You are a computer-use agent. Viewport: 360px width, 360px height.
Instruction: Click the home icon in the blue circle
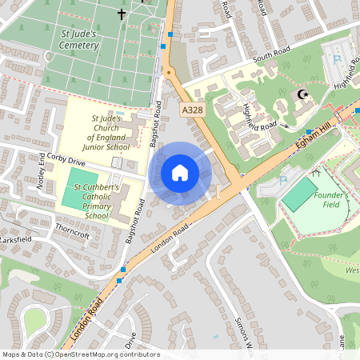180,173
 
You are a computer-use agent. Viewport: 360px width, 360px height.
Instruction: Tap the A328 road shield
192,110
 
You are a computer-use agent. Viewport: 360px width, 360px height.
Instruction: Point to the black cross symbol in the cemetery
122,14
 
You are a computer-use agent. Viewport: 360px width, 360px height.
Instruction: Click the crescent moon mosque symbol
302,94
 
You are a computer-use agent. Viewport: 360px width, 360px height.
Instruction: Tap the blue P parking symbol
337,59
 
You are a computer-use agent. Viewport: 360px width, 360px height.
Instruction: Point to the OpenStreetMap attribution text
81,354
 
